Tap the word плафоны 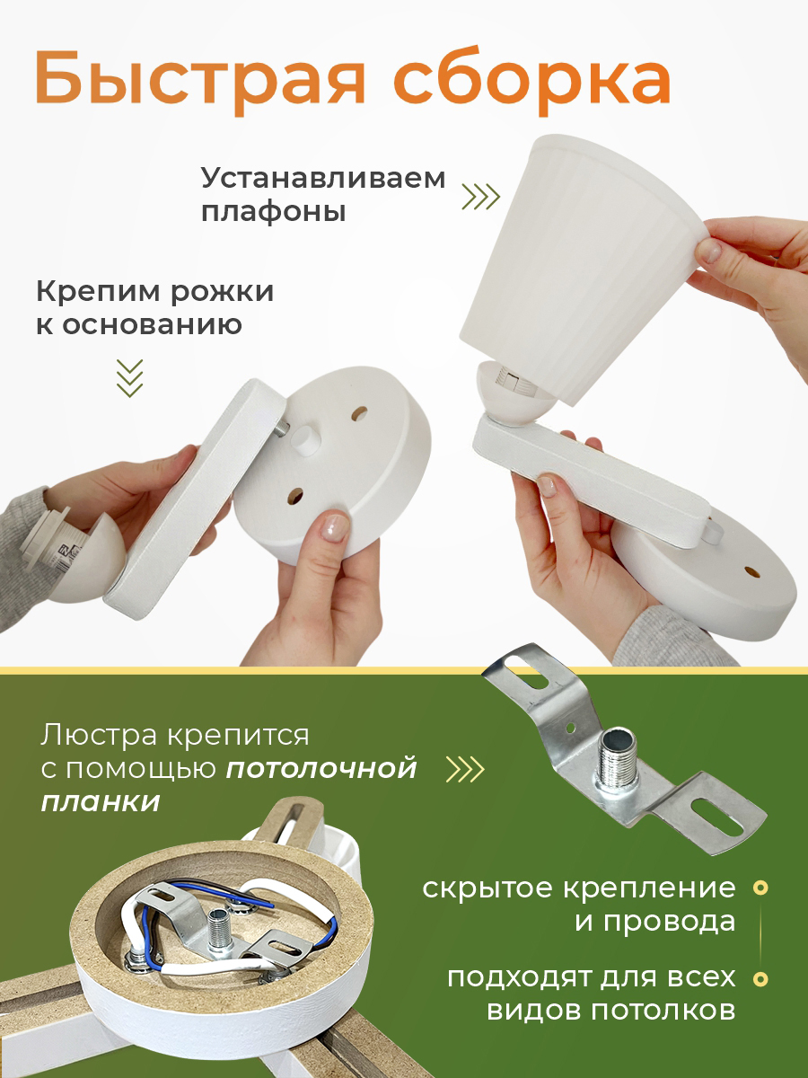pyautogui.click(x=274, y=213)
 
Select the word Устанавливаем pyautogui.click(x=323, y=179)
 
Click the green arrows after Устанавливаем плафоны pyautogui.click(x=481, y=197)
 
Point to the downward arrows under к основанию pyautogui.click(x=130, y=377)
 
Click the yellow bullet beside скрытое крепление pyautogui.click(x=761, y=888)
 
